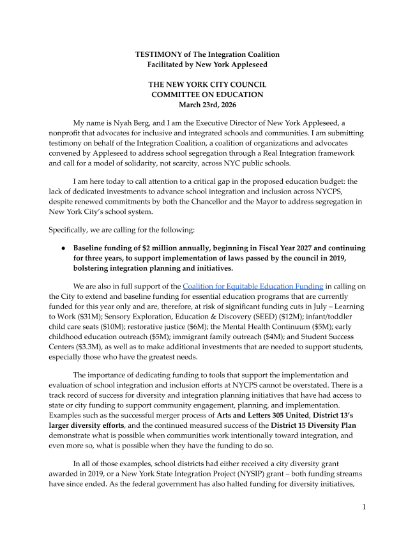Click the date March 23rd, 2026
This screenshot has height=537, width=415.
click(207, 105)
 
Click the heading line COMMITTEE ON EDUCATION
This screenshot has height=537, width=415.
click(207, 95)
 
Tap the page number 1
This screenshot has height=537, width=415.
click(363, 506)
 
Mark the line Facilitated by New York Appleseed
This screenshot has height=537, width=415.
click(207, 64)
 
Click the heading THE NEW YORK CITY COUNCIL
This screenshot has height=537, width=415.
click(207, 84)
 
